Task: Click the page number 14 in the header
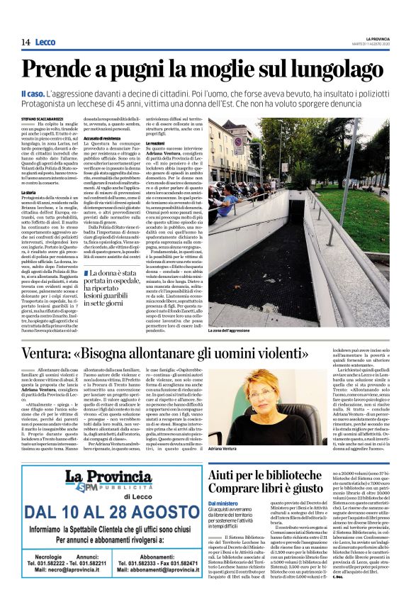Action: (x=25, y=43)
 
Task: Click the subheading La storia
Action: (x=29, y=192)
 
